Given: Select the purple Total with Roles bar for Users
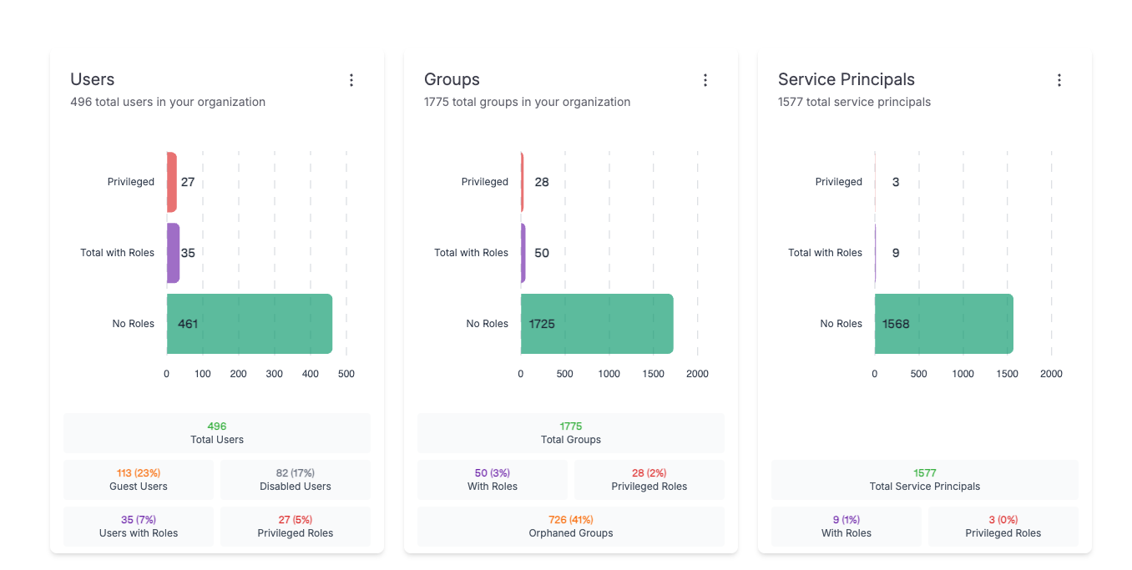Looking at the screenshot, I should [173, 253].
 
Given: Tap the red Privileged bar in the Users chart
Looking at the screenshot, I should [171, 182].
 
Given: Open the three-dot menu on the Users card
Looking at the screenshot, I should [351, 80].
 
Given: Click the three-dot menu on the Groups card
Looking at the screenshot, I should [705, 80].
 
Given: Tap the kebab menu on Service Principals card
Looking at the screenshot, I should [1059, 80].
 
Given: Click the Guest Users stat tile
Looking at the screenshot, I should [139, 480].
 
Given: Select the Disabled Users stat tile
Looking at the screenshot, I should [296, 480].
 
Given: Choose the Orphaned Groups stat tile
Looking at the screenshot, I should [571, 527].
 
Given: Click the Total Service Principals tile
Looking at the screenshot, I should [925, 480].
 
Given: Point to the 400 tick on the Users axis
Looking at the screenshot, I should [311, 374].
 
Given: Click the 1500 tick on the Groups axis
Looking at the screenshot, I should [654, 374].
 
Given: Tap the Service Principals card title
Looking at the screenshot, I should [846, 79].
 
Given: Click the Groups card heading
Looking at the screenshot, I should [452, 79].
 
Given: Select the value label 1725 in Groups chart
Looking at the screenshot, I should [542, 324].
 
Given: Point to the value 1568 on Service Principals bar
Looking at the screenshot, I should [896, 324].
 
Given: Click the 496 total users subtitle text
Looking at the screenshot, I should [168, 102].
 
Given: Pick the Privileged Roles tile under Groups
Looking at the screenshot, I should [649, 480].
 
